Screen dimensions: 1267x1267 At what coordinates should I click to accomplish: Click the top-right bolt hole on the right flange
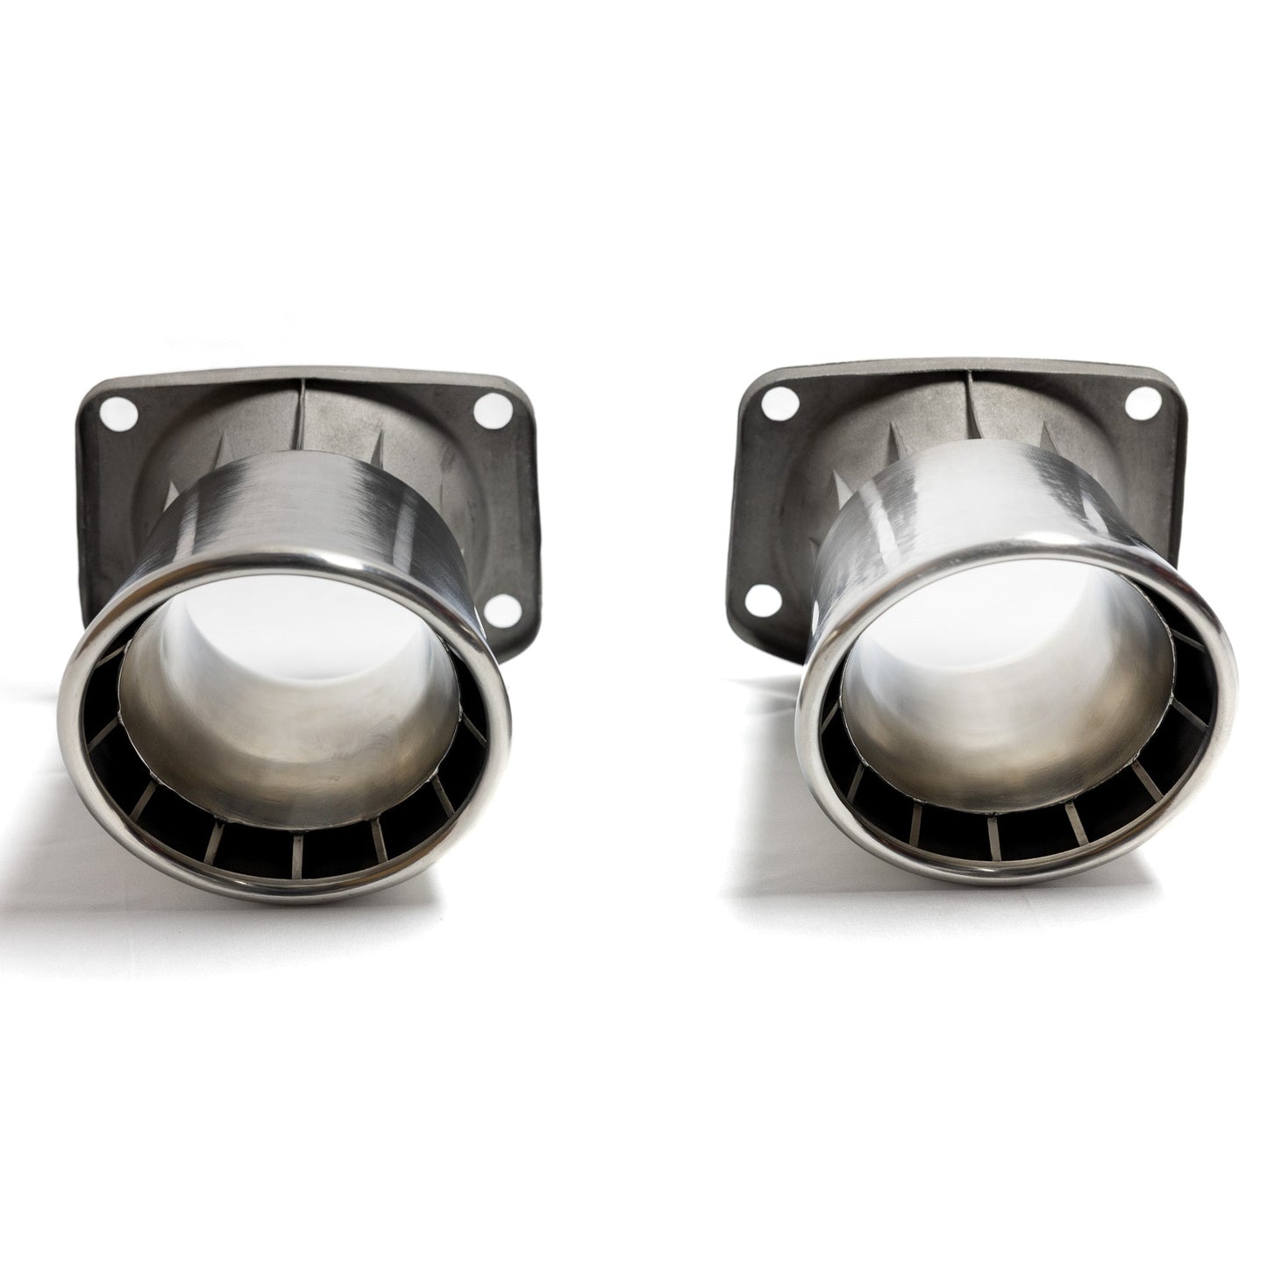click(1138, 428)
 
